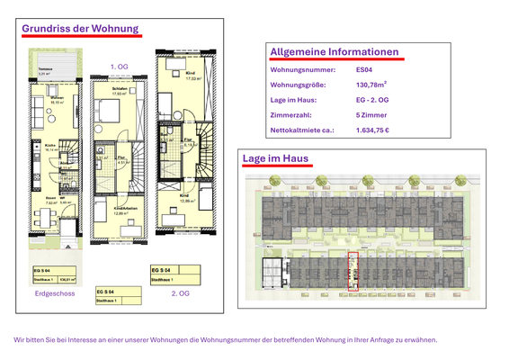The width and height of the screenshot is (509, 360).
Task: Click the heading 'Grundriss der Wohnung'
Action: [80, 29]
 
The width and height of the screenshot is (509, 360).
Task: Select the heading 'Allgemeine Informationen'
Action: [334, 52]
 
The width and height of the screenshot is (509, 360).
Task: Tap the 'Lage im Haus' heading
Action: [275, 159]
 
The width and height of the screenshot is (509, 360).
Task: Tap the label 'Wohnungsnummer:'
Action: [303, 69]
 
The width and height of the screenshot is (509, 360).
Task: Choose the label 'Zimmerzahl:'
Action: [291, 115]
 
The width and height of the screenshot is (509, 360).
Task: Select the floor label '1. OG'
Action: [119, 67]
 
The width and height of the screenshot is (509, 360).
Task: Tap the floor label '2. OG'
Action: [181, 293]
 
